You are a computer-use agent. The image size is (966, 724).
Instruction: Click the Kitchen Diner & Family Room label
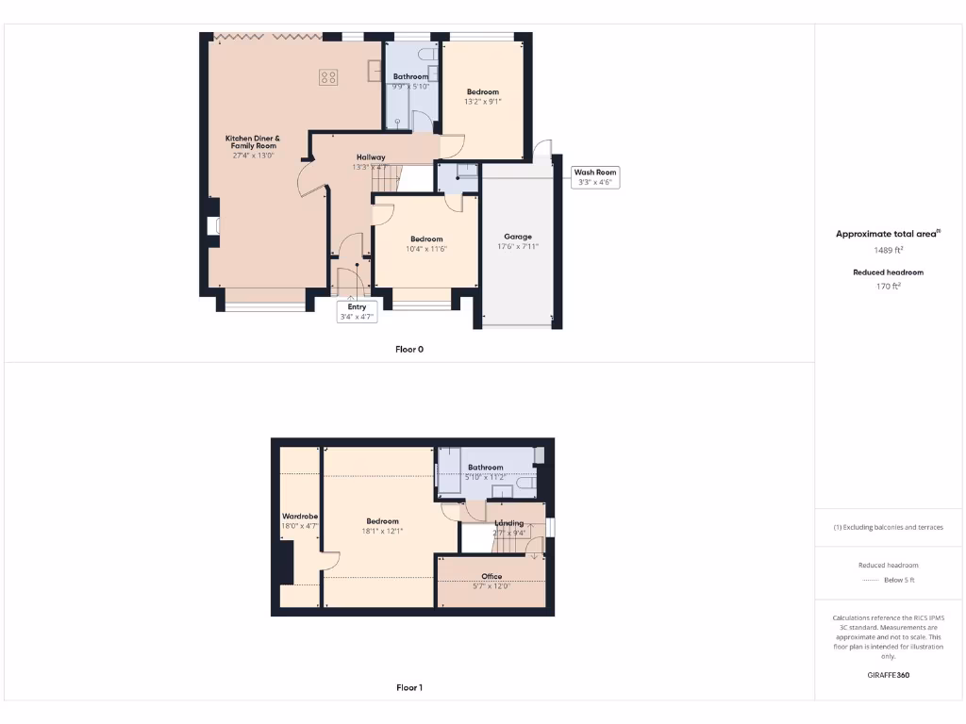[x=252, y=142]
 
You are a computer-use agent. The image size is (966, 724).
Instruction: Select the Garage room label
[x=517, y=237]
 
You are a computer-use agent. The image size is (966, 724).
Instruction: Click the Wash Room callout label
[x=595, y=173]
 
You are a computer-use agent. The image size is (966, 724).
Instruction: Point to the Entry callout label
[x=357, y=306]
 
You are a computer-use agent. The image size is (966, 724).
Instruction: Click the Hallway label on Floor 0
[x=371, y=156]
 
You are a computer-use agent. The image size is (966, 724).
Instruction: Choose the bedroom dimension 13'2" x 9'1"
[x=482, y=101]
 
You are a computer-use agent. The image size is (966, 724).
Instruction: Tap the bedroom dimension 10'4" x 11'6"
[x=425, y=249]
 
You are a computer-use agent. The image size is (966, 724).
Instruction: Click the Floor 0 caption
[x=408, y=349]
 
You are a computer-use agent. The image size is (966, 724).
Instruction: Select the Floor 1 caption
[x=408, y=688]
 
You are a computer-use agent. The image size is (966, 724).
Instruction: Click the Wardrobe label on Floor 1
[x=300, y=517]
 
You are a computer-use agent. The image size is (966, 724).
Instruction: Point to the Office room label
[x=491, y=576]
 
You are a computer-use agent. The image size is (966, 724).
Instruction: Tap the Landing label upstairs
[x=509, y=523]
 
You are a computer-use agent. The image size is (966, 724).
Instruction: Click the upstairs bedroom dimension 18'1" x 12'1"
[x=382, y=532]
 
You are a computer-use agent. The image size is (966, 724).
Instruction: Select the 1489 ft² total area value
[x=888, y=250]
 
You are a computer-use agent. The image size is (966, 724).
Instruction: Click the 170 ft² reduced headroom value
[x=888, y=286]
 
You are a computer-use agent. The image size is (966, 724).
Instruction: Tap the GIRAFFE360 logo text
[x=888, y=675]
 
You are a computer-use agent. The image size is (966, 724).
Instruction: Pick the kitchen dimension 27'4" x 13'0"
[x=253, y=156]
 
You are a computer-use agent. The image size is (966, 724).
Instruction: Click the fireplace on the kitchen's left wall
[x=213, y=226]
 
